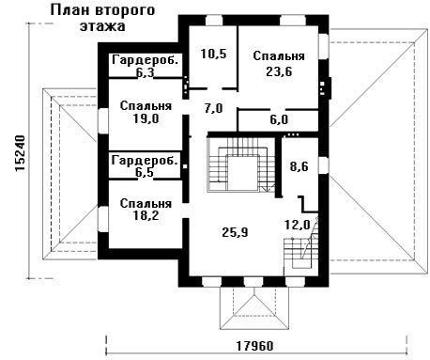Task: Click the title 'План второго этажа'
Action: pyautogui.click(x=102, y=18)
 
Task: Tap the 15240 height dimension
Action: pyautogui.click(x=20, y=153)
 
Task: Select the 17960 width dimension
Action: pyautogui.click(x=254, y=346)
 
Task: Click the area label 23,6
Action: pyautogui.click(x=279, y=71)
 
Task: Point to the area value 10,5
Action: pyautogui.click(x=213, y=54)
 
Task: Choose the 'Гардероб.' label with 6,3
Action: pyautogui.click(x=146, y=59)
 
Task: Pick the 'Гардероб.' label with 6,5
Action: pyautogui.click(x=145, y=161)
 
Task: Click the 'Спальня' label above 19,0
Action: pyautogui.click(x=146, y=105)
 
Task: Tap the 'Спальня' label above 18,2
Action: pyautogui.click(x=146, y=204)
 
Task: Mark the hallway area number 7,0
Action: pyautogui.click(x=213, y=109)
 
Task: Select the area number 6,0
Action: pyautogui.click(x=279, y=119)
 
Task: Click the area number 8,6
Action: pyautogui.click(x=299, y=166)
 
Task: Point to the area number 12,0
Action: pyautogui.click(x=298, y=225)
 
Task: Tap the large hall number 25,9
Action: pyautogui.click(x=235, y=232)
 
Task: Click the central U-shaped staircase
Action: pyautogui.click(x=240, y=164)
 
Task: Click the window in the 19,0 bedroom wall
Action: pyautogui.click(x=103, y=121)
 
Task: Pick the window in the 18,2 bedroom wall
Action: pyautogui.click(x=103, y=219)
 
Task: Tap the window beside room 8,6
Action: pyautogui.click(x=324, y=164)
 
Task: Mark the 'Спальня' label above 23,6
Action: pyautogui.click(x=279, y=56)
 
